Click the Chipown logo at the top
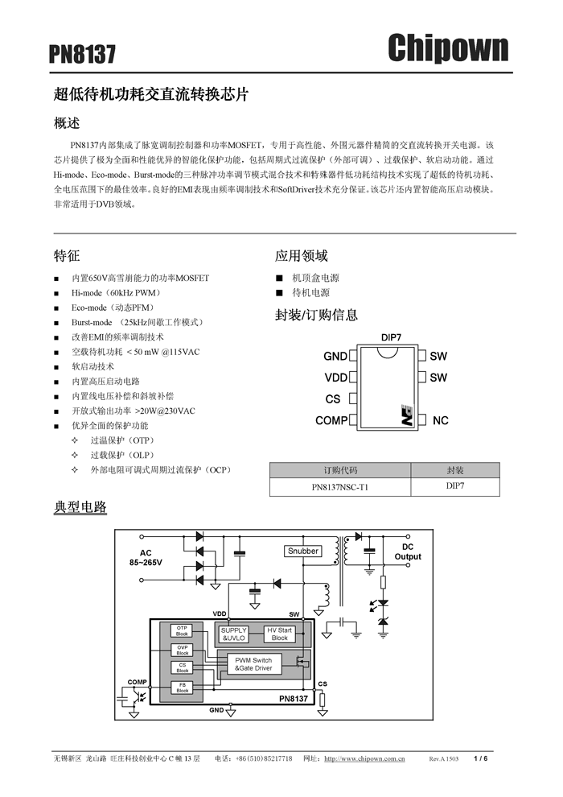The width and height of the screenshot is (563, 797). (x=448, y=47)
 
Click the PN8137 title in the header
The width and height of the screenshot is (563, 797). (x=82, y=54)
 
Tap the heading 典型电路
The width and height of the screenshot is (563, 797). (x=80, y=507)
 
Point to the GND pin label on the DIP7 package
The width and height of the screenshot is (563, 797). (x=335, y=356)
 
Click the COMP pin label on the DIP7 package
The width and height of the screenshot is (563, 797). (x=331, y=420)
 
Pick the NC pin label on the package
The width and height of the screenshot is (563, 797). (x=440, y=420)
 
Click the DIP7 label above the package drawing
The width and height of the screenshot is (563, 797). (x=391, y=337)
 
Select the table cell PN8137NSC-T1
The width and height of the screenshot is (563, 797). (x=340, y=487)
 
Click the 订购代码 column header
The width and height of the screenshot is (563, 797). (x=340, y=470)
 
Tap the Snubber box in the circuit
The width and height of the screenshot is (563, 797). (x=303, y=551)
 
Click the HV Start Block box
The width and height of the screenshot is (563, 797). (x=279, y=634)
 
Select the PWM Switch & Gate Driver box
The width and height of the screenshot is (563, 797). (x=253, y=664)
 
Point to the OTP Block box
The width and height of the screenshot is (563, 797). (x=182, y=630)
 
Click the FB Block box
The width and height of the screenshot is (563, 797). (x=182, y=687)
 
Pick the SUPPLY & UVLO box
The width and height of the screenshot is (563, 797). (x=234, y=634)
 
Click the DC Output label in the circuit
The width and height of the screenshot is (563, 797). (x=408, y=551)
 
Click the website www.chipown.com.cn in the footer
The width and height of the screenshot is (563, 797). (x=364, y=758)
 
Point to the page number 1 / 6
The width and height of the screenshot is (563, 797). (x=481, y=758)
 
